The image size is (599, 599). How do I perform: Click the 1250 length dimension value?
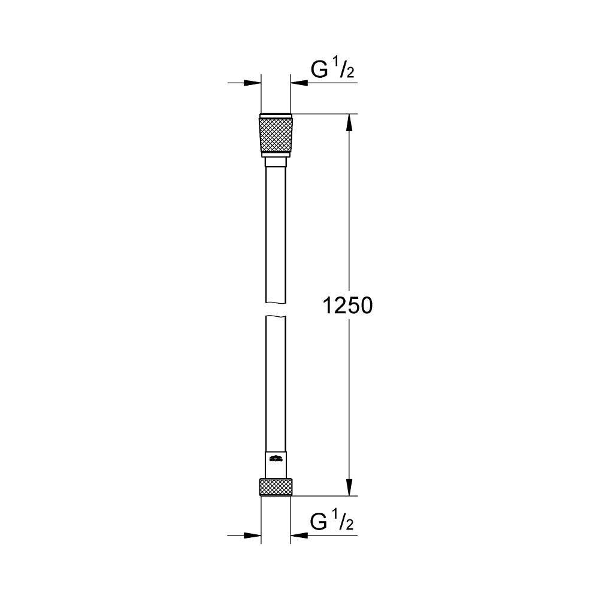tap(348, 306)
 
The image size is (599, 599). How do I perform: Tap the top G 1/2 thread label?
tap(332, 71)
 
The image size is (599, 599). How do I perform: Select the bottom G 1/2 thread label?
tap(332, 523)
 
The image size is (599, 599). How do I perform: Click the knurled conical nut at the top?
tap(276, 135)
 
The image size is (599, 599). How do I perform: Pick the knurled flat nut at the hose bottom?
tap(276, 487)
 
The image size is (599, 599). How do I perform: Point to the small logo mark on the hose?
tap(276, 459)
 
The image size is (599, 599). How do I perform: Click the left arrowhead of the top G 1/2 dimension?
tap(255, 83)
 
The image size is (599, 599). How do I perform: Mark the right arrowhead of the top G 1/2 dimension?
tap(298, 83)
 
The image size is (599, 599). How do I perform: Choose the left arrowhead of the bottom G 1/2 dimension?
tap(255, 535)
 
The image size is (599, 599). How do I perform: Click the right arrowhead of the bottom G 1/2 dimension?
tap(298, 535)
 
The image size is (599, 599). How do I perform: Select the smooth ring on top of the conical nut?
tap(276, 116)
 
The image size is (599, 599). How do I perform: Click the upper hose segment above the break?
tap(276, 234)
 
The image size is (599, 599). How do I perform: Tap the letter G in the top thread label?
tap(318, 71)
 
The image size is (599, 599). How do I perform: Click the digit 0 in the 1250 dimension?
tap(366, 306)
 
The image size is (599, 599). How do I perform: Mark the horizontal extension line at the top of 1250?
tap(323, 114)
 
